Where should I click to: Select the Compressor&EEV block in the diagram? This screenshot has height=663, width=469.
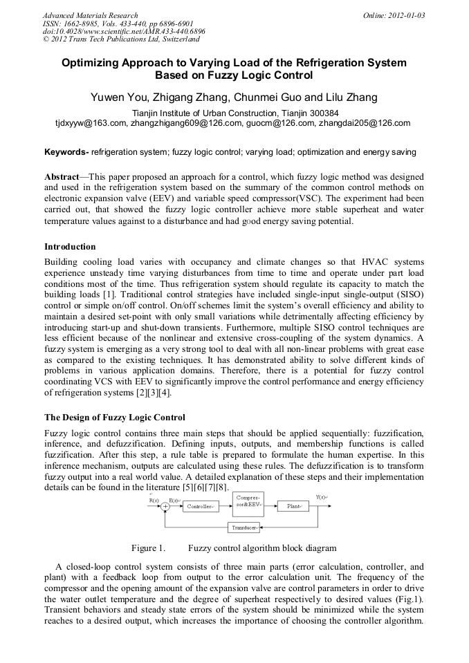[x=248, y=501]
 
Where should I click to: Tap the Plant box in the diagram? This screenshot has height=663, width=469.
[x=294, y=507]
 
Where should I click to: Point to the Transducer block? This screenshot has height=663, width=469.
[x=244, y=528]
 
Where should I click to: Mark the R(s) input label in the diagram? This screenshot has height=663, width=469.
[x=154, y=499]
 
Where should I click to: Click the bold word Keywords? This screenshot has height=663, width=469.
[x=66, y=151]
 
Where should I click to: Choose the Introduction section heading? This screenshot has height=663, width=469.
[x=70, y=246]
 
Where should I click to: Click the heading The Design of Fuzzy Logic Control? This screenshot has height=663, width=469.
[x=115, y=418]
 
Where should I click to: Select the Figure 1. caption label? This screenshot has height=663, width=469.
[x=148, y=548]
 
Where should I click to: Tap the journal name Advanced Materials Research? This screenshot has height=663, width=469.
[x=90, y=15]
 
